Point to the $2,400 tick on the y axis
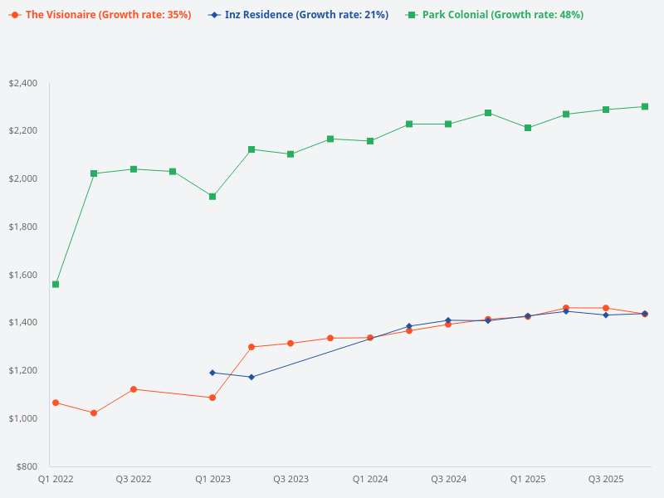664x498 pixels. (x=23, y=83)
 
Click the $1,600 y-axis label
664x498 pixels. (x=23, y=275)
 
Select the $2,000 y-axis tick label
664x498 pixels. (x=23, y=179)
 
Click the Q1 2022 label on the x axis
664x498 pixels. (x=56, y=480)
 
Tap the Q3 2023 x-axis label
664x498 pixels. (x=291, y=480)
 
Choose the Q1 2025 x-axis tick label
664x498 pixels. (x=528, y=480)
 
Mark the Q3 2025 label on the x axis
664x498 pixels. (x=606, y=480)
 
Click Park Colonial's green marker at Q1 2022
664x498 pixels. (x=56, y=284)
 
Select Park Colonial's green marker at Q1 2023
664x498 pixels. (x=212, y=197)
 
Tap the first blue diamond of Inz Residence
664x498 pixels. (x=212, y=373)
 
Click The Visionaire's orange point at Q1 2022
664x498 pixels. (x=56, y=403)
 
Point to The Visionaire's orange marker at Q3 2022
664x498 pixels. (x=134, y=389)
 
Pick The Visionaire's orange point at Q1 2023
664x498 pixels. (x=212, y=398)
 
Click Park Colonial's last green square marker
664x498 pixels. (x=645, y=106)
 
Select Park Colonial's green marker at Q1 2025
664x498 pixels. (x=528, y=128)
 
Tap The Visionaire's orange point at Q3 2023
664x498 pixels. (x=290, y=343)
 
